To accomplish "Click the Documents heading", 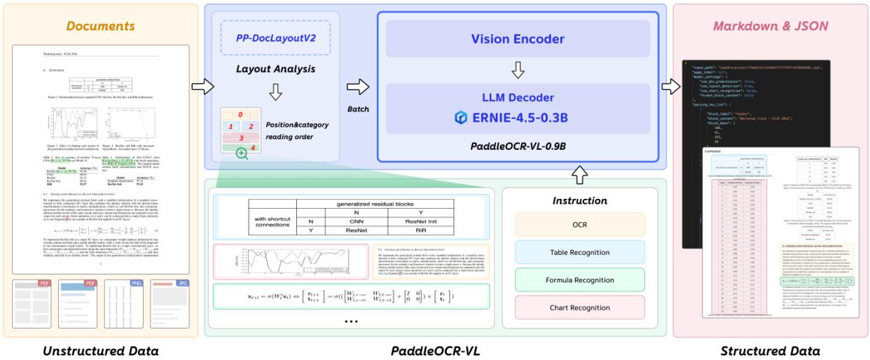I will [100, 26].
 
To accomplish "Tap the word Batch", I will [358, 109].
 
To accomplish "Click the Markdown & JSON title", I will [769, 26].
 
